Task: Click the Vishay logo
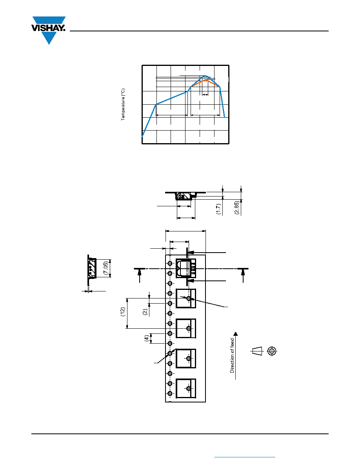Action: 48,30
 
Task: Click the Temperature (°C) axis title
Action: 123,104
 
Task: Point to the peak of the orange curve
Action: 205,80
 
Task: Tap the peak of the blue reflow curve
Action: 205,76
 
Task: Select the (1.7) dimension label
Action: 218,209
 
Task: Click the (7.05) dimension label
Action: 106,268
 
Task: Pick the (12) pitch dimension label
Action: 123,312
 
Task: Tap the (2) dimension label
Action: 145,312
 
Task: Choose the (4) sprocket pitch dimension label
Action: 146,338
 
